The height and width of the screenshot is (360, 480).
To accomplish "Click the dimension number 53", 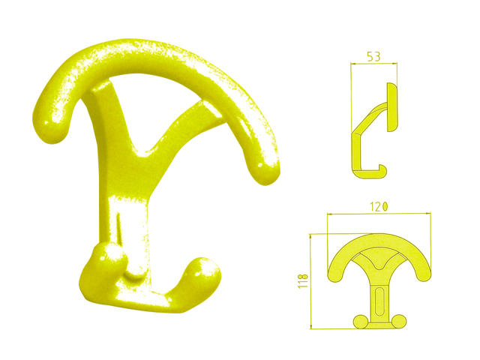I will click(x=373, y=55).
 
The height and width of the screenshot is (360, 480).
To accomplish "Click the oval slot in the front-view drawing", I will click(x=380, y=301).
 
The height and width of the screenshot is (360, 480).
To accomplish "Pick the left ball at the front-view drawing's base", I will click(x=361, y=321).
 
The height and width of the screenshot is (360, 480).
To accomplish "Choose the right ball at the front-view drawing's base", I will click(x=400, y=321).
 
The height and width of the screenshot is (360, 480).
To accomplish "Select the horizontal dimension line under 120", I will click(x=379, y=214).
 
